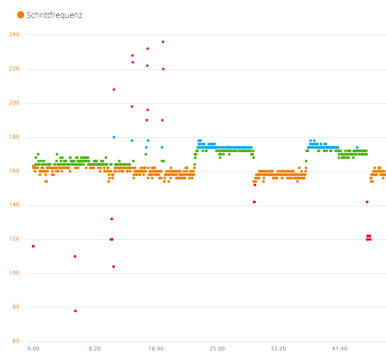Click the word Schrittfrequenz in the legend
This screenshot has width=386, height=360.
click(54, 15)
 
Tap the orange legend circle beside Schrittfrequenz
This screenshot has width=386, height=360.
click(21, 15)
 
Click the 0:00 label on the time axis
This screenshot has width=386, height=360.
click(33, 349)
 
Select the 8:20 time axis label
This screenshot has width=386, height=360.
click(94, 349)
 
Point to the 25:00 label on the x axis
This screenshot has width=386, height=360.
click(217, 349)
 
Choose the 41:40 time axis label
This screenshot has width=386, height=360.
click(339, 349)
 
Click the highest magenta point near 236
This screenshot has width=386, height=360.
click(163, 42)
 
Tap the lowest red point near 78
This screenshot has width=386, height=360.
click(75, 311)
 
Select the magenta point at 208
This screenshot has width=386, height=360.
click(114, 89)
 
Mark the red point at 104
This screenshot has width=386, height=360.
click(114, 267)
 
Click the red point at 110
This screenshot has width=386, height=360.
click(75, 256)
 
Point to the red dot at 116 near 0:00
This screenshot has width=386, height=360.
click(33, 246)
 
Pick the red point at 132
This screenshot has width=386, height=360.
click(112, 219)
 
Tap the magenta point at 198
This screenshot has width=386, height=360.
click(132, 106)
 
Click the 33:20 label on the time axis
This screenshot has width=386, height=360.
click(278, 349)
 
